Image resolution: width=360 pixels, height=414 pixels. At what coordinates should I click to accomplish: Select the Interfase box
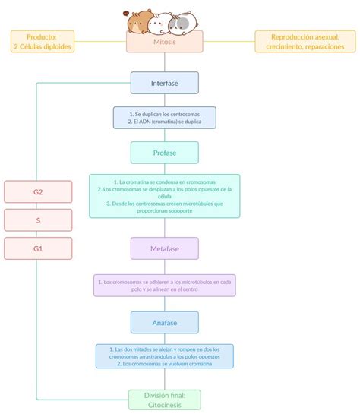164,82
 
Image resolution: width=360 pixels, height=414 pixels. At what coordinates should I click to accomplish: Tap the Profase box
164,153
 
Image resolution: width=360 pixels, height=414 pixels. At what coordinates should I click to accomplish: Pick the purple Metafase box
164,248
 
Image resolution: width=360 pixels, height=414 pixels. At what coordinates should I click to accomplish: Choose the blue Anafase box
164,322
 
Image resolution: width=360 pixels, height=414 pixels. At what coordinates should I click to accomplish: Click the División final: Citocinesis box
164,400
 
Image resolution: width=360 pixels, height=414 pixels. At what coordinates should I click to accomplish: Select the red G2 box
38,191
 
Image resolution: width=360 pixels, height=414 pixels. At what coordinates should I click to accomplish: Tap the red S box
38,220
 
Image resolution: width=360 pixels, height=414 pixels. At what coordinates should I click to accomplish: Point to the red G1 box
38,248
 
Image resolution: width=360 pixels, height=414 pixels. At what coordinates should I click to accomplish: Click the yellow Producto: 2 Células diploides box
42,41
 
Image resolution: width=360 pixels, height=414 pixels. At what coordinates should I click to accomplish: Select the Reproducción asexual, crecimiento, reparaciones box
298,41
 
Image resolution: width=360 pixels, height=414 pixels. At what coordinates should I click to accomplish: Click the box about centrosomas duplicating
164,117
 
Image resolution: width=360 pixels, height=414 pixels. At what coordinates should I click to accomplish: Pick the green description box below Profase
164,196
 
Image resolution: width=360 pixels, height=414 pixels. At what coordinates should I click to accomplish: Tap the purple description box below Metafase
164,286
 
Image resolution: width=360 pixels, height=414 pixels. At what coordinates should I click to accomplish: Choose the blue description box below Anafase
164,356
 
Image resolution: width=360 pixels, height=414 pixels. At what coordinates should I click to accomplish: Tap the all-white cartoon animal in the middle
160,24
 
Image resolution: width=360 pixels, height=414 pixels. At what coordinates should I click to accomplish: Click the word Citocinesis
164,405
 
